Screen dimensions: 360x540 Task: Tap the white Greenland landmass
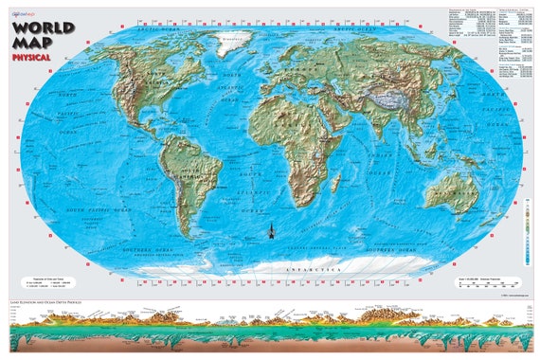tap(235, 41)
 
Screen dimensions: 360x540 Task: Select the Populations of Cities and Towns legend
tap(46, 280)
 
